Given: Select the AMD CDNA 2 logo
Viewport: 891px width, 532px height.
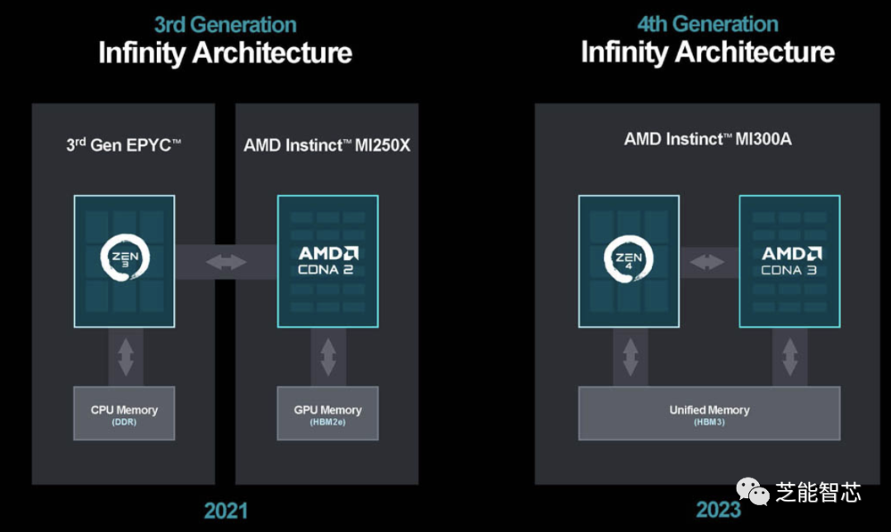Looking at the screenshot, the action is (x=328, y=261).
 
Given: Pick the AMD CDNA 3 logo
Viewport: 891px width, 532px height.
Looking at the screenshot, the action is (x=791, y=261).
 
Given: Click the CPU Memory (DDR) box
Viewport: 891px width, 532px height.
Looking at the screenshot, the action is (x=124, y=413).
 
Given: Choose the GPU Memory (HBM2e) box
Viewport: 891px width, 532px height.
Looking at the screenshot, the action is (x=328, y=413).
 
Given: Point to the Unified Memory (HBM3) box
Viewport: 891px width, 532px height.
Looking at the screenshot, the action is (x=709, y=413).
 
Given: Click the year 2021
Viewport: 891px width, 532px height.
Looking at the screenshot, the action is (x=225, y=511).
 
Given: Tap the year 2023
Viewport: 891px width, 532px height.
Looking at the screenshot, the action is (x=719, y=509).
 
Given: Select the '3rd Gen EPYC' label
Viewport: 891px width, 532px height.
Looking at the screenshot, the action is (x=124, y=145).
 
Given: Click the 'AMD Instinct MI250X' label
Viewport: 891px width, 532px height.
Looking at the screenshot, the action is (x=327, y=145).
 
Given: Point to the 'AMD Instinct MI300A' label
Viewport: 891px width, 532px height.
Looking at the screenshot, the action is (x=708, y=139).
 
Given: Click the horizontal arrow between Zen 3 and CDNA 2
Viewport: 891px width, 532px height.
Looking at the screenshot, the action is (x=226, y=262).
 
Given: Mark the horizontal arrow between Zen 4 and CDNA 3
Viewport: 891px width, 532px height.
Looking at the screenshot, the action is (x=707, y=262).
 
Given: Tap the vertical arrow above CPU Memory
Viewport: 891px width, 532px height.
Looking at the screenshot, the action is (x=125, y=357).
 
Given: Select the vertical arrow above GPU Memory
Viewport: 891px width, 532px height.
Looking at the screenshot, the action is (x=328, y=357).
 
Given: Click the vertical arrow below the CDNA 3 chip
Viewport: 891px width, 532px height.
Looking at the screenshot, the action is (x=790, y=357).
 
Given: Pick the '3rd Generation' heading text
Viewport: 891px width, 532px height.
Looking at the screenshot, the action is (x=225, y=25).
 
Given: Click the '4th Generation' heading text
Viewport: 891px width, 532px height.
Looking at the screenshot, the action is (x=708, y=24).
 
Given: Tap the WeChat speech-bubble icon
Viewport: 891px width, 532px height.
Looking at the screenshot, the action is (x=752, y=491).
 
